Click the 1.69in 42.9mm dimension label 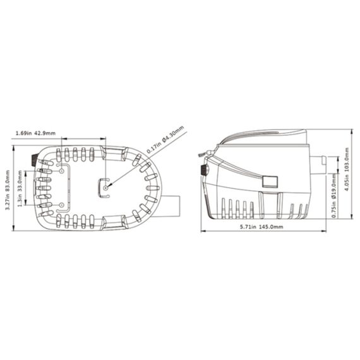click(35, 133)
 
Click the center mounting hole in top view click(106, 187)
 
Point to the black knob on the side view click(204, 171)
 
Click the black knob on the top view click(32, 156)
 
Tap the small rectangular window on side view click(271, 181)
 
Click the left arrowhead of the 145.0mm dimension click(203, 231)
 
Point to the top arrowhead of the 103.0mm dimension click(352, 131)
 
